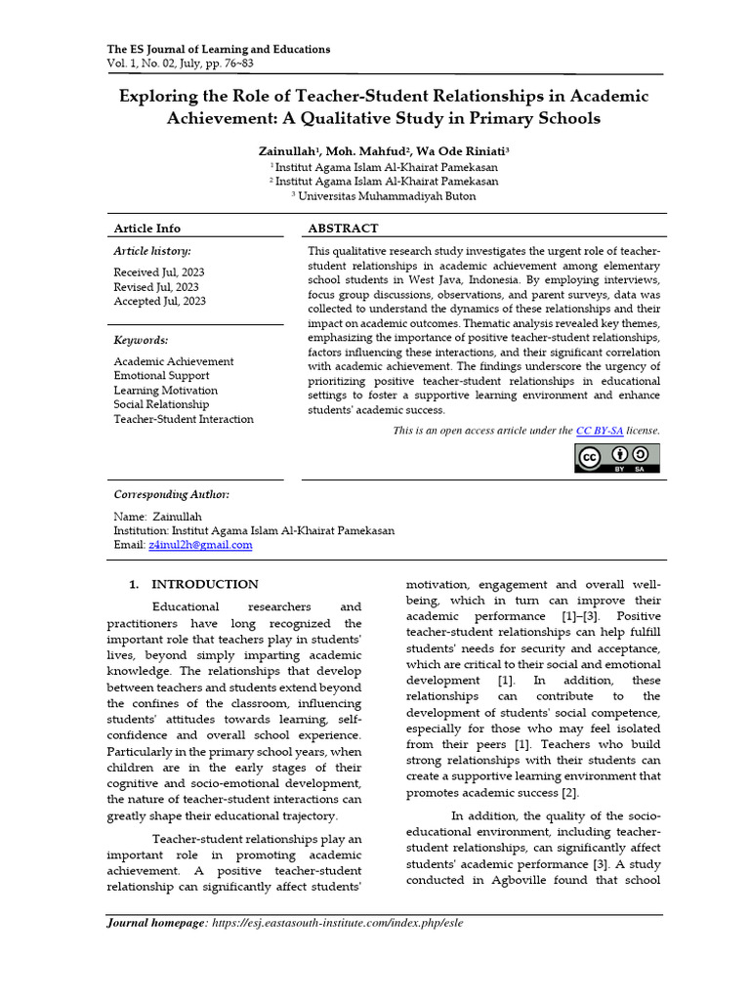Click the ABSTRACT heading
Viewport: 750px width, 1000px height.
343,228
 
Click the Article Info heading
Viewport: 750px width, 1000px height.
147,228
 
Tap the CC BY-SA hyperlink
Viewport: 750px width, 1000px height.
600,431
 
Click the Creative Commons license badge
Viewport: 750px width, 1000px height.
616,458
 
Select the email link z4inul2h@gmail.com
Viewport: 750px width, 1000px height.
200,545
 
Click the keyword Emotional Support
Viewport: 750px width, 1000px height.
161,376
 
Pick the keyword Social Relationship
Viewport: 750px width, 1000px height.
161,404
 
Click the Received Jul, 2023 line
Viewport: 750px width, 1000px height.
159,272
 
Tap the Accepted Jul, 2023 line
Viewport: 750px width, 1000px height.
160,302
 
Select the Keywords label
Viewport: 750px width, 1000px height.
141,340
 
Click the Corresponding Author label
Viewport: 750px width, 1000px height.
172,494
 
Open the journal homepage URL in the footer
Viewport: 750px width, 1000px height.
337,923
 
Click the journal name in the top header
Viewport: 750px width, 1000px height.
218,49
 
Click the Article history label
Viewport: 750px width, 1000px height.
152,251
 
